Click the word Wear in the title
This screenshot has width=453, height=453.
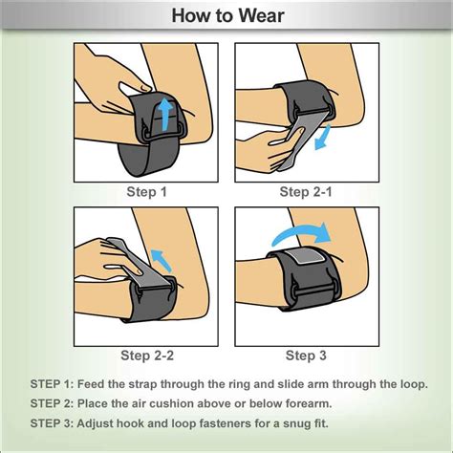point(261,15)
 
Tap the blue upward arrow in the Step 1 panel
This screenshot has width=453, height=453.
point(164,114)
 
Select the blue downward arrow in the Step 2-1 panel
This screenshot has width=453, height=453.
point(322,138)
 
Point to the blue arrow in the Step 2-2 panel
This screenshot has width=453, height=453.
point(162,260)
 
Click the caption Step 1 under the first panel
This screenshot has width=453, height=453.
point(146,192)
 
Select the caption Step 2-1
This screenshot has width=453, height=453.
point(306,192)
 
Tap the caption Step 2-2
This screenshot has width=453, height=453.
point(147,356)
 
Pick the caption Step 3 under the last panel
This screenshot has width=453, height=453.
point(306,356)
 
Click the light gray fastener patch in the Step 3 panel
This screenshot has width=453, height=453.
point(305,255)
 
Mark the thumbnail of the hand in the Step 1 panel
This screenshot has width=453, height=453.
point(146,88)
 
